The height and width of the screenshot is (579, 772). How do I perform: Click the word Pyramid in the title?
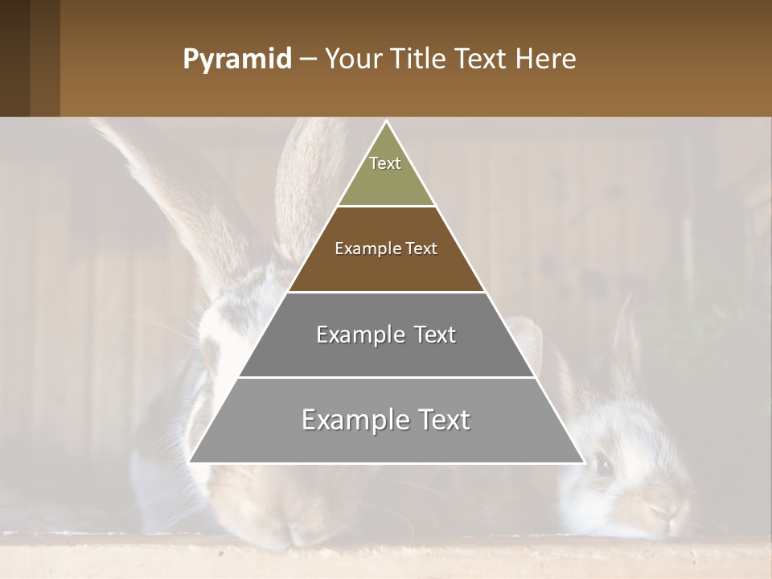click(x=236, y=60)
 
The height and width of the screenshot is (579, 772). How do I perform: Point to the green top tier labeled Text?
click(x=386, y=173)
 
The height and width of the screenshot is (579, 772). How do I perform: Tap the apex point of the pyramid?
click(x=387, y=122)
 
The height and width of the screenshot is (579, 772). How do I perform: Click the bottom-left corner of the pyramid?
click(x=191, y=462)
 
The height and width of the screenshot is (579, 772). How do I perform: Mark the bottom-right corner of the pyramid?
click(x=583, y=462)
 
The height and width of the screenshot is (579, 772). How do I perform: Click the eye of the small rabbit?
click(x=602, y=462)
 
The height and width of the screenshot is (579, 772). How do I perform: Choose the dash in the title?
click(x=308, y=60)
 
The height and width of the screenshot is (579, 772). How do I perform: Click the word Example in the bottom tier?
click(x=354, y=421)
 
